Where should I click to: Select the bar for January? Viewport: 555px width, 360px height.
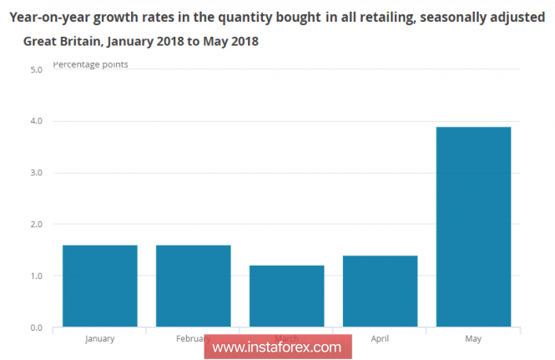(x=100, y=286)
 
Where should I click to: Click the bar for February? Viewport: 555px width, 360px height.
(x=194, y=286)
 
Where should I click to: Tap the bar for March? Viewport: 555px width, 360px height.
(x=287, y=296)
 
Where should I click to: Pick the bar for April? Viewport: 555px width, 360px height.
(x=381, y=291)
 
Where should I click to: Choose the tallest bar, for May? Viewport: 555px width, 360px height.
(x=474, y=226)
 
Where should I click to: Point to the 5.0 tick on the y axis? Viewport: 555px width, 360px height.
(x=36, y=70)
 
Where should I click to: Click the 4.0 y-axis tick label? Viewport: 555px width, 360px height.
(x=36, y=122)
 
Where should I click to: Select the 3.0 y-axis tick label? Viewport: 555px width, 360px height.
(x=36, y=173)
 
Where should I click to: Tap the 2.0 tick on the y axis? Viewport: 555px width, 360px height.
(x=36, y=225)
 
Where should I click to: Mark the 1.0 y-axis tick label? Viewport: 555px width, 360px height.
(x=36, y=276)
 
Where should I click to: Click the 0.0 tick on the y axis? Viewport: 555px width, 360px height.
(x=36, y=327)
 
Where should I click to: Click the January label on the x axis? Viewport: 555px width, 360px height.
(x=100, y=339)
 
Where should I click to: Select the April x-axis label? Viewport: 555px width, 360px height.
(x=381, y=339)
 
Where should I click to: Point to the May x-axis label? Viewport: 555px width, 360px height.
(x=473, y=339)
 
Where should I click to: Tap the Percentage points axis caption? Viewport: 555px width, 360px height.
(x=90, y=64)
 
